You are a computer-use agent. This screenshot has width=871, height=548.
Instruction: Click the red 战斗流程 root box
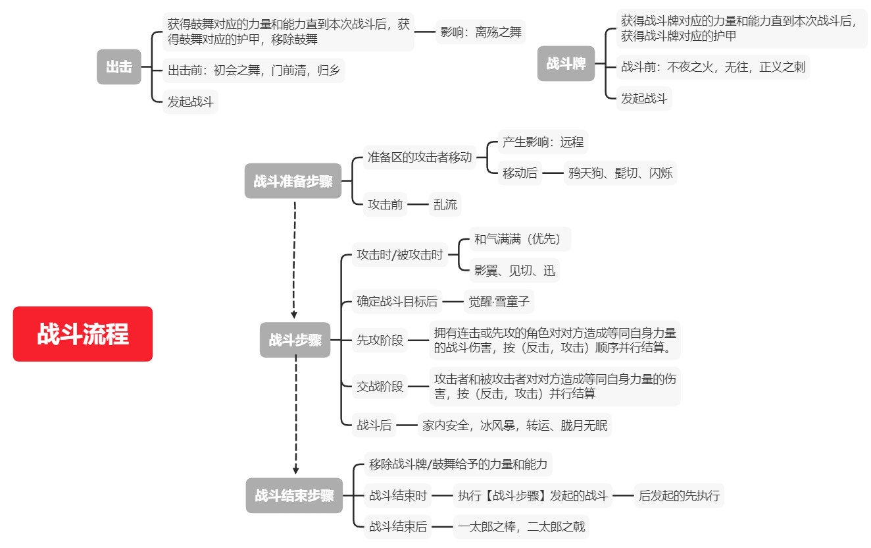pos(83,334)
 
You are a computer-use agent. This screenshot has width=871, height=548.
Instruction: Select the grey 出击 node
pos(119,67)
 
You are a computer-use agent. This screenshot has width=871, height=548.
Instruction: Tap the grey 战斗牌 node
pos(566,64)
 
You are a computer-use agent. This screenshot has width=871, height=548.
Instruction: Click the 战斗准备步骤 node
pos(293,181)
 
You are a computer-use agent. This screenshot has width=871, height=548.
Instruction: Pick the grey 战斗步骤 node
pos(295,340)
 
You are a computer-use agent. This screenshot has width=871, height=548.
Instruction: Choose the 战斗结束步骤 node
pos(294,495)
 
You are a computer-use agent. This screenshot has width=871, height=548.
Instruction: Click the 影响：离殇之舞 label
pos(481,32)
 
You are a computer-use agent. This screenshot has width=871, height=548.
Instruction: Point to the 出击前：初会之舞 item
pos(254,70)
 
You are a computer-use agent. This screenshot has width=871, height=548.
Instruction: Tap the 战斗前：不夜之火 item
pos(713,67)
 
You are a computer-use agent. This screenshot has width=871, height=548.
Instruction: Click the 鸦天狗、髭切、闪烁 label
pos(620,173)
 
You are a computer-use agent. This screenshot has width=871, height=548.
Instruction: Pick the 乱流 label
pos(445,205)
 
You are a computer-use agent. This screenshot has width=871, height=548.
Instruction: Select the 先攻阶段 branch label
pos(380,341)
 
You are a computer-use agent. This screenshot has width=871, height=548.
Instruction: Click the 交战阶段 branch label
pos(380,387)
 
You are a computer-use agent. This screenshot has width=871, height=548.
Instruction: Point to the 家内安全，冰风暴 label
pos(514,425)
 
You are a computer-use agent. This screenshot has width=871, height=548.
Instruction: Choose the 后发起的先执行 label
pos(679,495)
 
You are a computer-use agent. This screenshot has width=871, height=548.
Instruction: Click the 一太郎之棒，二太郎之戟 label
pos(522,526)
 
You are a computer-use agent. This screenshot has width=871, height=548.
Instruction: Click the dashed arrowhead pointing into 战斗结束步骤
pos(295,470)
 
